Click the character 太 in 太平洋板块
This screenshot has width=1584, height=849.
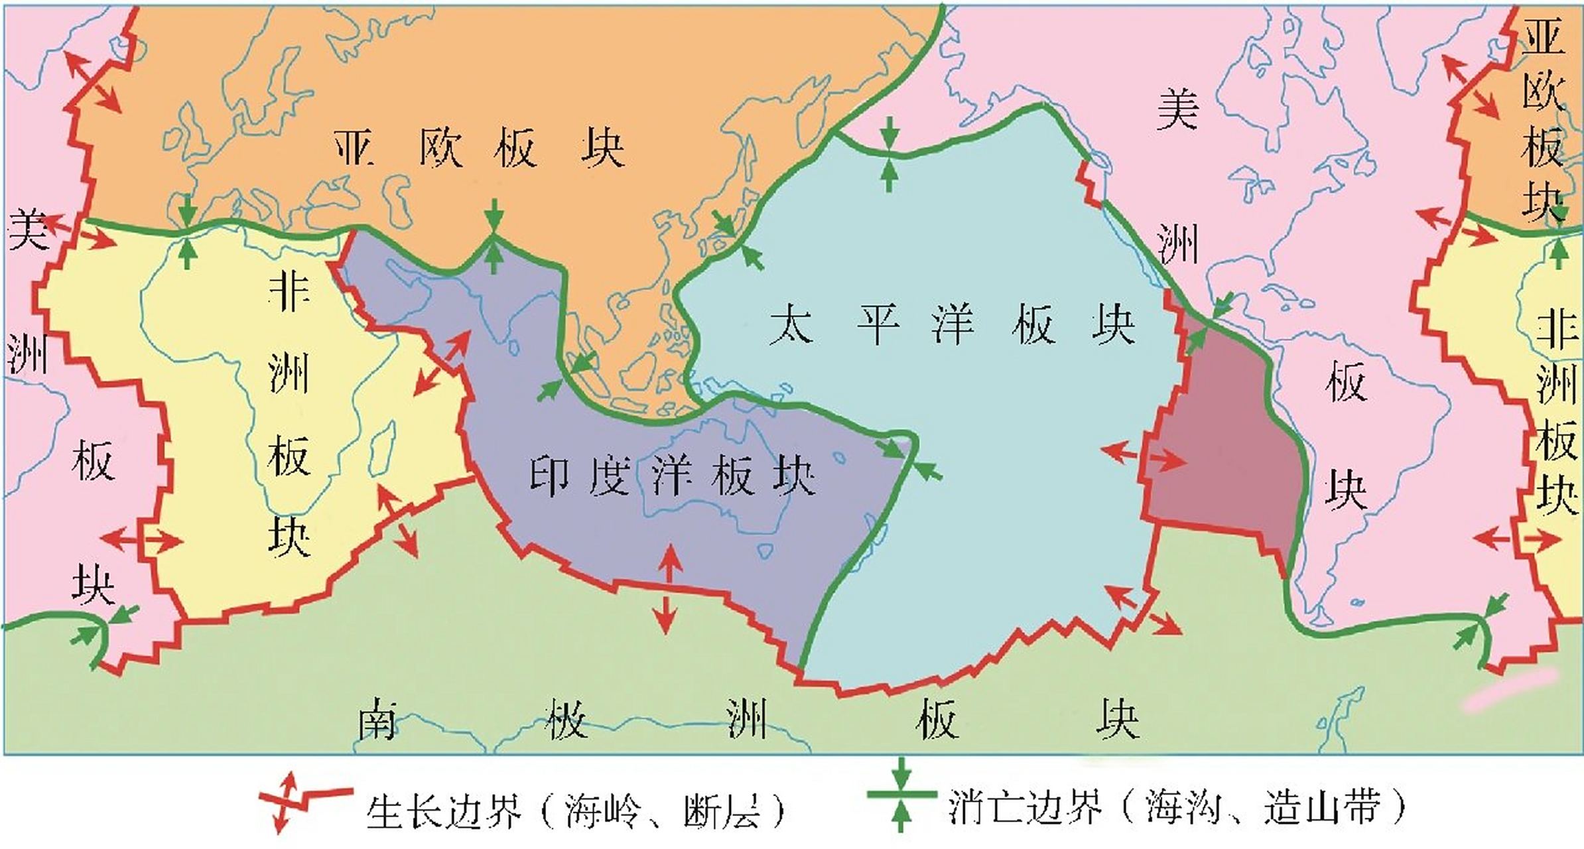(791, 324)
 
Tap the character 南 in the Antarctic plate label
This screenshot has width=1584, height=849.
(377, 719)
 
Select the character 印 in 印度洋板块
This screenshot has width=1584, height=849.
(550, 476)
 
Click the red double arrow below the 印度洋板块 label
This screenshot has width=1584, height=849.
(667, 588)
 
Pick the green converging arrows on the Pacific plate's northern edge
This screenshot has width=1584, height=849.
(890, 154)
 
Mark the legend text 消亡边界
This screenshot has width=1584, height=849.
(1025, 807)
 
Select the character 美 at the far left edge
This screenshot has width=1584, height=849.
(27, 229)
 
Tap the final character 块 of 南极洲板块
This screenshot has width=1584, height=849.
(1117, 720)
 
